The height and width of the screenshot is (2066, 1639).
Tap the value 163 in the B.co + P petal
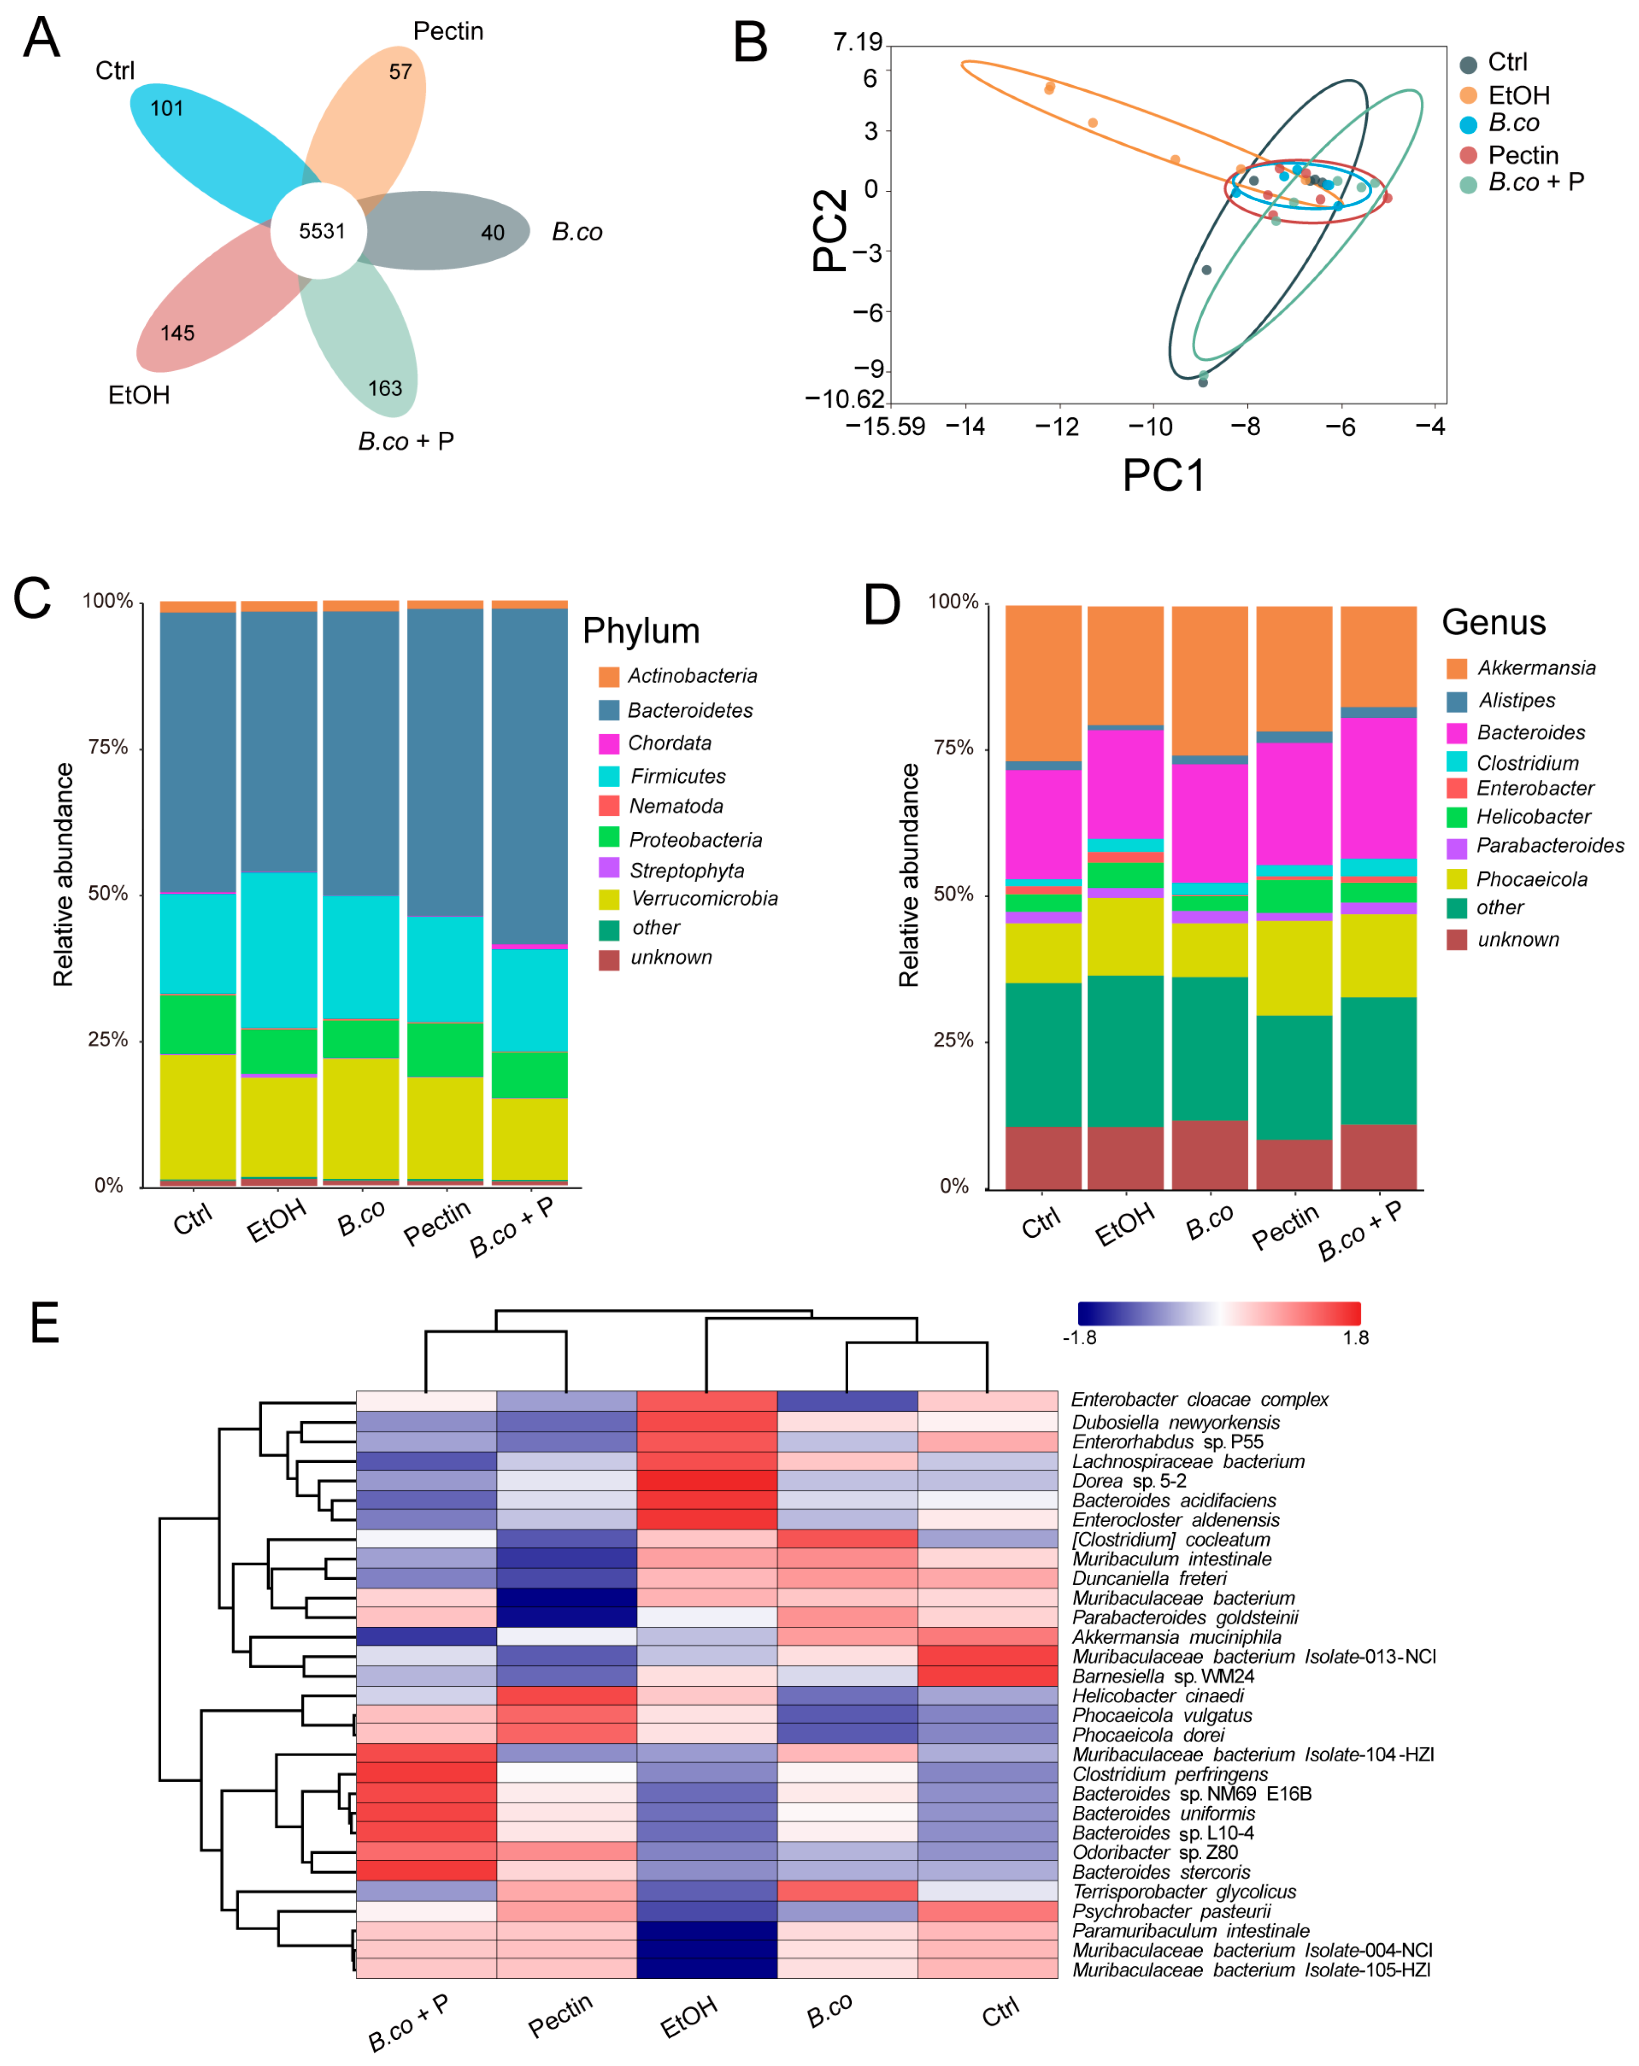tap(384, 388)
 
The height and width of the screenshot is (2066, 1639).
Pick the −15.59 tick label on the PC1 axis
tap(884, 426)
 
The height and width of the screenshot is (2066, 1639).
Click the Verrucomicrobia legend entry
tap(704, 899)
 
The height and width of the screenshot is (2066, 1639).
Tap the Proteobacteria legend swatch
tap(609, 838)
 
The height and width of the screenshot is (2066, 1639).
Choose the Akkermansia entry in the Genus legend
tap(1535, 668)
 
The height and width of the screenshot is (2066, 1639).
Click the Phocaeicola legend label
tap(1531, 879)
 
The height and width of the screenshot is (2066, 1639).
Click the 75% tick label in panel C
tap(108, 747)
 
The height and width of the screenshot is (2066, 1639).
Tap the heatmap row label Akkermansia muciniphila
tap(1176, 1638)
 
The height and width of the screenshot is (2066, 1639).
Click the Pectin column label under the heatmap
tap(561, 2015)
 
